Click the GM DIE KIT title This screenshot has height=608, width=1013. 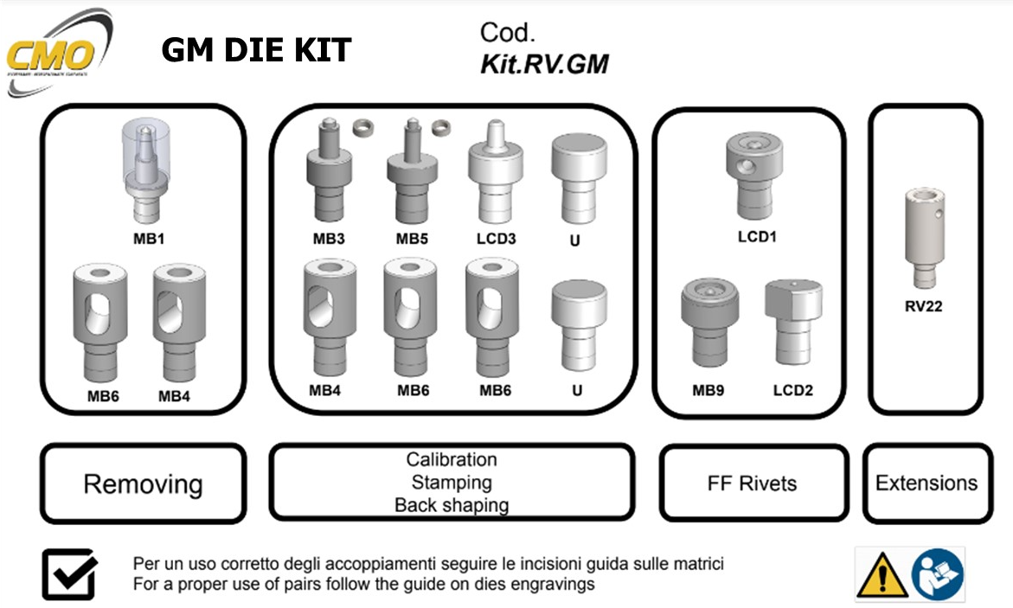tap(256, 51)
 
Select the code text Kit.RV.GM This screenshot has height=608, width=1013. tap(544, 63)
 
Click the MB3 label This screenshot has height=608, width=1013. tap(329, 239)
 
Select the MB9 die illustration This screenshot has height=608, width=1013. tap(708, 325)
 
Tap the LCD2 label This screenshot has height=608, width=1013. tap(792, 391)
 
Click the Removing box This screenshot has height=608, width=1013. tap(143, 483)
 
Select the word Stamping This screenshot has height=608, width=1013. tap(452, 483)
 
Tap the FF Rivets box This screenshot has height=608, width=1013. tap(752, 483)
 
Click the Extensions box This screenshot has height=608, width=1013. tap(926, 483)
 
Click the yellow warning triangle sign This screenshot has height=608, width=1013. tap(882, 574)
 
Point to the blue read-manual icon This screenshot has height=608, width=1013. tap(938, 574)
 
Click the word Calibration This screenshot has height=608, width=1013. tap(452, 460)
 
